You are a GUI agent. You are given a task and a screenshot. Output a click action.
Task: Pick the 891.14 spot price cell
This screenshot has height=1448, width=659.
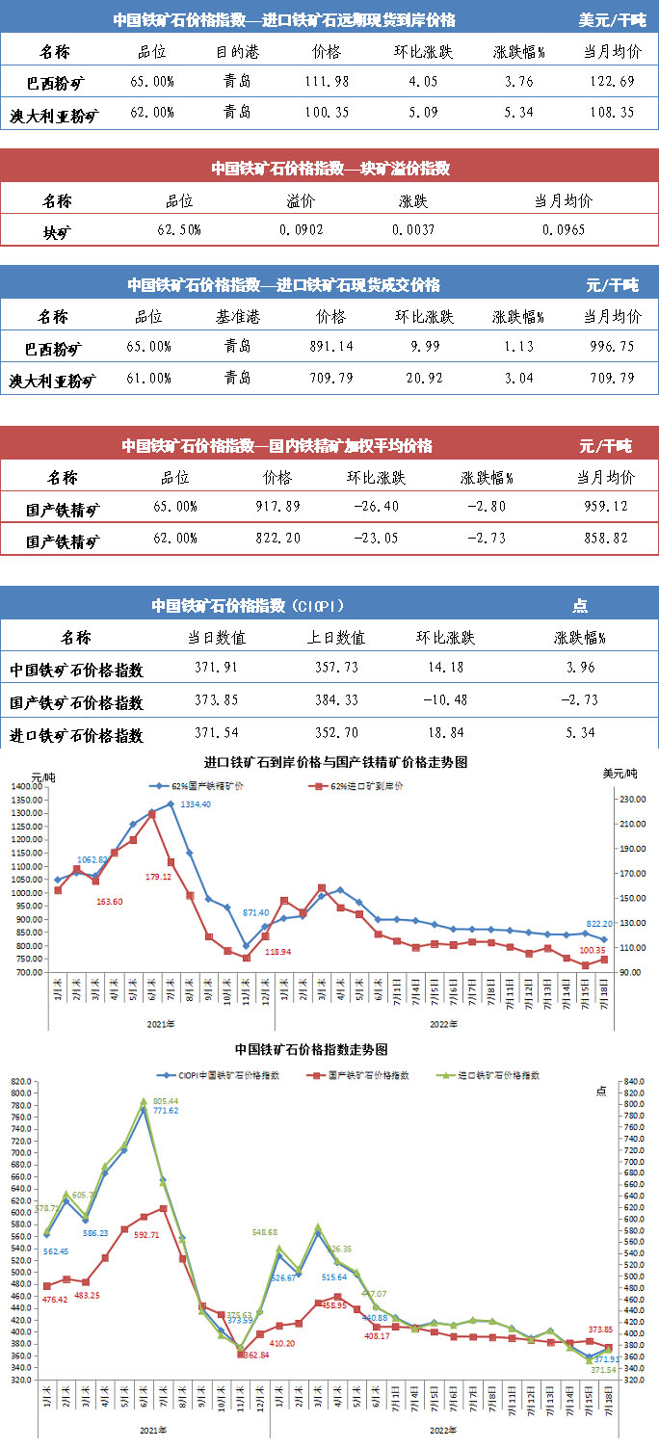tap(329, 347)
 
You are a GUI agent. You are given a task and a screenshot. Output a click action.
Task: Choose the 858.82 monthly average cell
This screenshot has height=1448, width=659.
tap(606, 540)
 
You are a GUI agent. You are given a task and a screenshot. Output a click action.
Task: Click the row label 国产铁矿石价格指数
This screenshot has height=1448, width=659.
tap(76, 702)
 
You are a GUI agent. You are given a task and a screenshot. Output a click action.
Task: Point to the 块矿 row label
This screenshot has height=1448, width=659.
tap(57, 231)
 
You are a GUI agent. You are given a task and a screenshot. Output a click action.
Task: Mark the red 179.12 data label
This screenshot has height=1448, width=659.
tap(157, 877)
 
